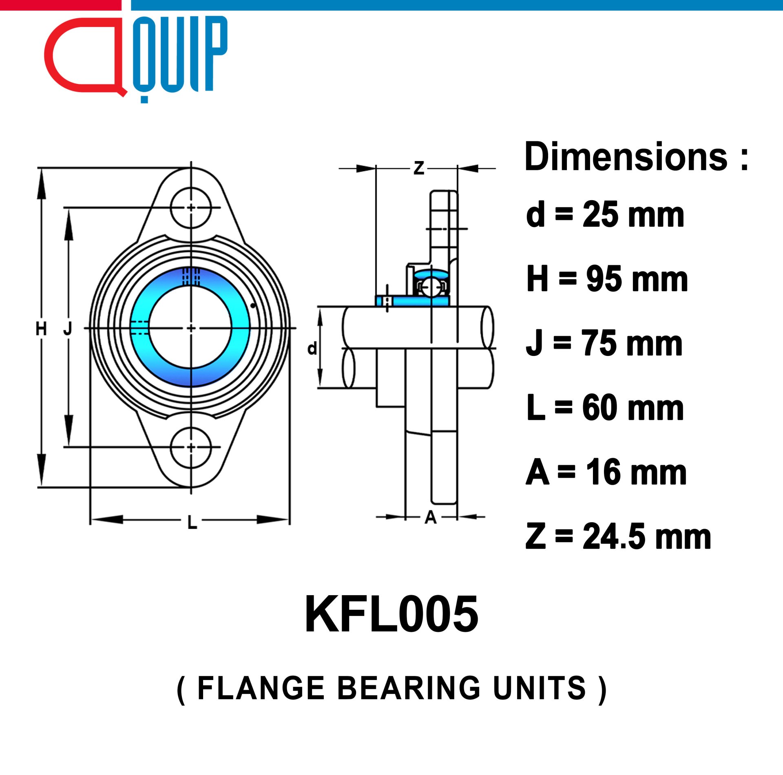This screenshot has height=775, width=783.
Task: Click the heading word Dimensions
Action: click(x=626, y=157)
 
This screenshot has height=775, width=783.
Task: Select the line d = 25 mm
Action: click(x=605, y=214)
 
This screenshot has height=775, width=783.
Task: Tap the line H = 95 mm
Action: click(x=607, y=279)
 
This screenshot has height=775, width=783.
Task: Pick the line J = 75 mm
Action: click(x=604, y=343)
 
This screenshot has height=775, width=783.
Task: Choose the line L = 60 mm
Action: click(x=605, y=408)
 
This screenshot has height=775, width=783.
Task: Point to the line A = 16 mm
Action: click(x=606, y=472)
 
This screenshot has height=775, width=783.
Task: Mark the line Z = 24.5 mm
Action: click(x=618, y=537)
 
